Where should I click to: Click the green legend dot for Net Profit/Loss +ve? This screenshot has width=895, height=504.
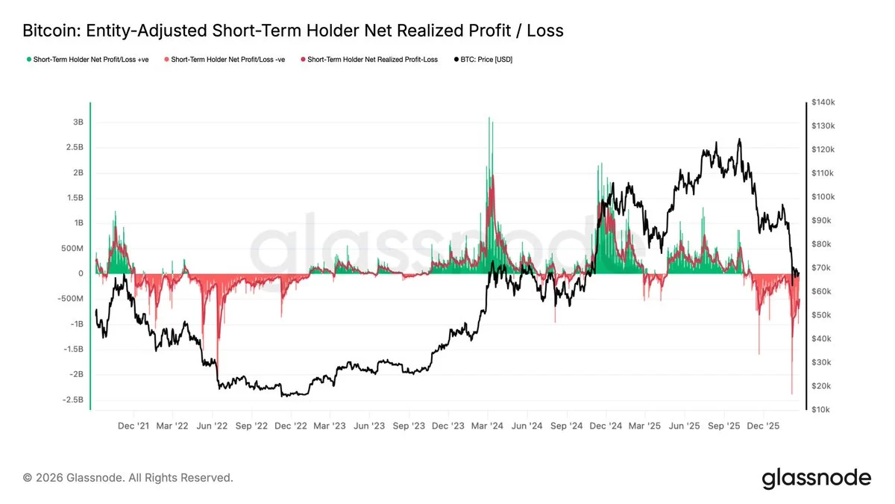point(29,59)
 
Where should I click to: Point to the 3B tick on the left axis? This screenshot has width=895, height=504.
point(78,122)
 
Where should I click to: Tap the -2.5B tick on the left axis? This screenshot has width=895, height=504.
point(72,399)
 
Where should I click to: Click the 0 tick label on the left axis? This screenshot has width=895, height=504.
point(80,274)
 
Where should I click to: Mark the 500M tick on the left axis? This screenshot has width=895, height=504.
point(72,249)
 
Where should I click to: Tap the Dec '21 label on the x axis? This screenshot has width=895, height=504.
point(134,426)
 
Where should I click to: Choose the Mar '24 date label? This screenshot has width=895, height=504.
point(488,426)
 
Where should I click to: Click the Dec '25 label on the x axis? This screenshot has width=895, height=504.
point(763,426)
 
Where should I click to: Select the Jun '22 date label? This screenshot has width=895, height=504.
point(213,426)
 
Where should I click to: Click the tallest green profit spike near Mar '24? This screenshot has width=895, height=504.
point(489,119)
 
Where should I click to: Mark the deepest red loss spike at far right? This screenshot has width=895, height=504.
point(791,392)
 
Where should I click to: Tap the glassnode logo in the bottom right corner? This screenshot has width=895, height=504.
point(816,478)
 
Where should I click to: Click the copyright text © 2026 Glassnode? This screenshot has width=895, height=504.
point(128,477)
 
